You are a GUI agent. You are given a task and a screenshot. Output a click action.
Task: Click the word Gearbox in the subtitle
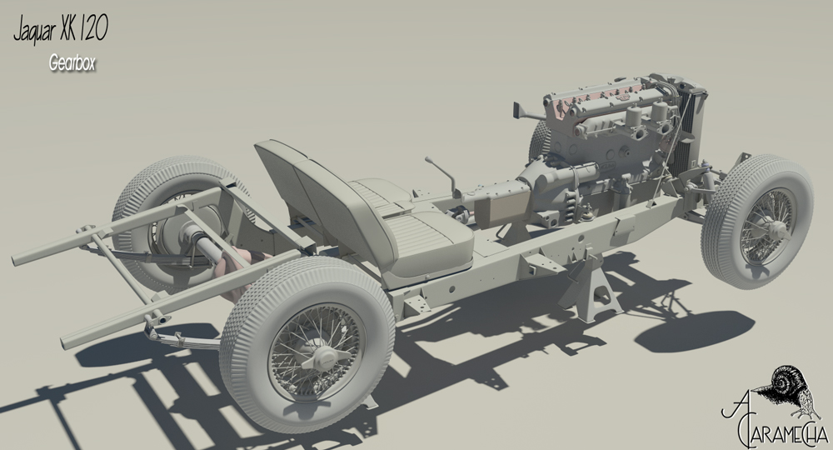tap(72, 63)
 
